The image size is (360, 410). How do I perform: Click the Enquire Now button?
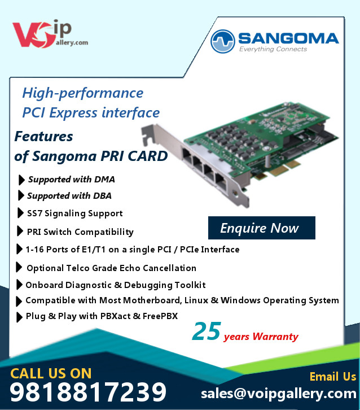point(261,228)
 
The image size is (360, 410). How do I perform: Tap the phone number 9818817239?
point(88,392)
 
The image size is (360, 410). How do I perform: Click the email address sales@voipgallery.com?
point(279,394)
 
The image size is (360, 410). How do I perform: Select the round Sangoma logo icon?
point(222,41)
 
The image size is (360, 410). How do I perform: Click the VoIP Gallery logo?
point(50,34)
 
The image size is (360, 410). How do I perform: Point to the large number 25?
point(207,331)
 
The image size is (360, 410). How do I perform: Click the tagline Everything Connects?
point(273,49)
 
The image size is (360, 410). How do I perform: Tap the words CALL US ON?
point(51,373)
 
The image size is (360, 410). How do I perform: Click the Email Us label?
point(333,377)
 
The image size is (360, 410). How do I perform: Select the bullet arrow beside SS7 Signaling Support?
point(20,213)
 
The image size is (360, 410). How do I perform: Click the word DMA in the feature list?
point(104,180)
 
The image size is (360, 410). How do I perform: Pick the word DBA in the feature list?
point(102,196)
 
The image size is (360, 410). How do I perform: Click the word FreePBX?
point(160,316)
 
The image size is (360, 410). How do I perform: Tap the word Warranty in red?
point(275,336)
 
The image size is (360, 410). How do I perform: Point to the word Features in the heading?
point(43,137)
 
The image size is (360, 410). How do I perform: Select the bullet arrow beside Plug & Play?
point(19,317)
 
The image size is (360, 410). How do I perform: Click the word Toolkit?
point(190,285)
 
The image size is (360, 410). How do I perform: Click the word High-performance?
point(83,93)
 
